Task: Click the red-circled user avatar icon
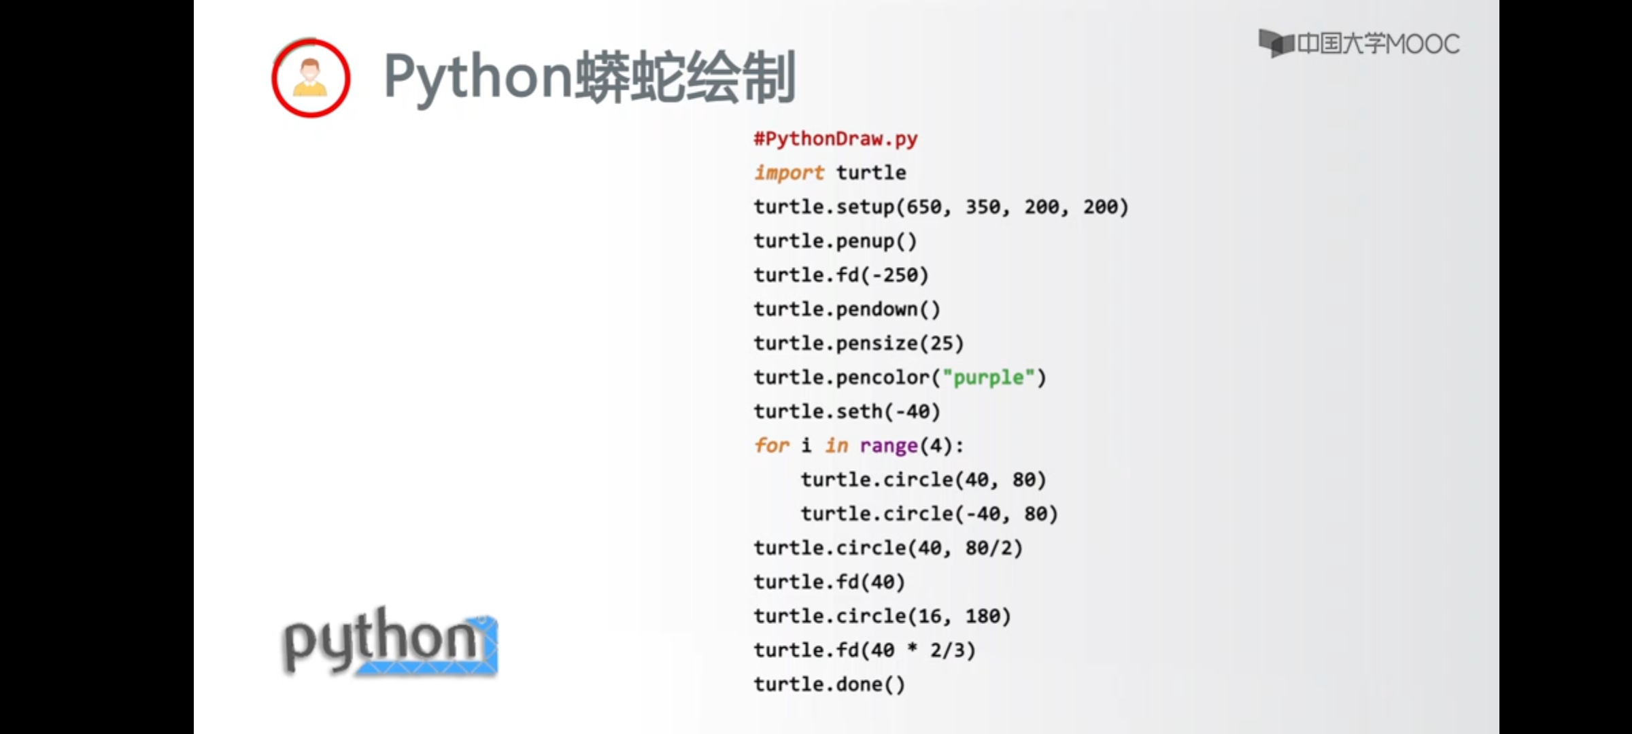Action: point(311,78)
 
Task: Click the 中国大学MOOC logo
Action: point(1359,43)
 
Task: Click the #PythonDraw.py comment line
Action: point(836,139)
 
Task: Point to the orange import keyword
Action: point(789,173)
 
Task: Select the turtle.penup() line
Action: point(836,241)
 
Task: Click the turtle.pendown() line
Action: point(847,309)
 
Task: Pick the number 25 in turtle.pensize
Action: point(942,343)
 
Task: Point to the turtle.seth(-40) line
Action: point(847,411)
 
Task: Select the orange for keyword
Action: point(772,445)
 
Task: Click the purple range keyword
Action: point(889,446)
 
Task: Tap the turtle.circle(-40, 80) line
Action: point(930,514)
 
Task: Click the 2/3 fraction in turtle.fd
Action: point(947,650)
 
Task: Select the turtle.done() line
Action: point(830,684)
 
